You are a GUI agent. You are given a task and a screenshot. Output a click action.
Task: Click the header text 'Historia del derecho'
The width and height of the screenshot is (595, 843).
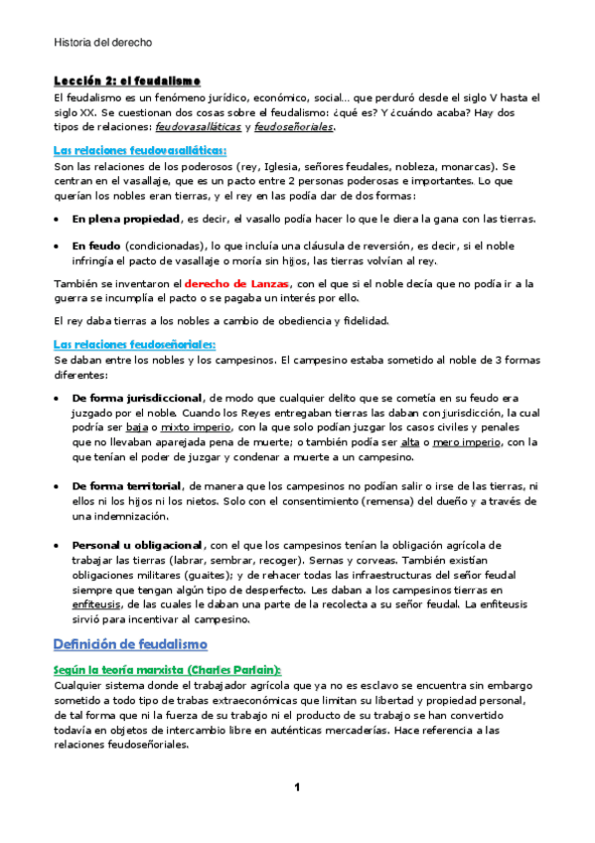[102, 42]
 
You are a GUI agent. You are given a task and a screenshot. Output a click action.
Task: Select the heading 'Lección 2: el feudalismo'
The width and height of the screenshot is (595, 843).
[127, 80]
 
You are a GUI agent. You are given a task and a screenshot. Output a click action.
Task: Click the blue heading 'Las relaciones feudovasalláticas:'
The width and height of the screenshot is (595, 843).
[140, 150]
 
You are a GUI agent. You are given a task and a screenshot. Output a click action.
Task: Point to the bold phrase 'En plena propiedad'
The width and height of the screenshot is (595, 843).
[125, 218]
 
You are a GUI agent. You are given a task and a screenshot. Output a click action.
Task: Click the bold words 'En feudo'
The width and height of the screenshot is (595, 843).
[96, 245]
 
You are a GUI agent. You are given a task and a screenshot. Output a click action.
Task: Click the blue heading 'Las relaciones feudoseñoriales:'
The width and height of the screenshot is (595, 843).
[133, 344]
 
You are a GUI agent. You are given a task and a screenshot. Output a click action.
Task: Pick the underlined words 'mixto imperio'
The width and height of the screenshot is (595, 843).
[192, 428]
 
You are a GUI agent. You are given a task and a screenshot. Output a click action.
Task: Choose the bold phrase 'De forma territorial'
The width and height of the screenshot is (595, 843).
[126, 485]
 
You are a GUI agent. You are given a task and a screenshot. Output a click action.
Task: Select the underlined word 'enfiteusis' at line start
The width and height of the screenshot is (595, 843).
[95, 607]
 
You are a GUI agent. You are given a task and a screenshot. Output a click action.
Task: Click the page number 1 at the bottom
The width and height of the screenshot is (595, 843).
[296, 787]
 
